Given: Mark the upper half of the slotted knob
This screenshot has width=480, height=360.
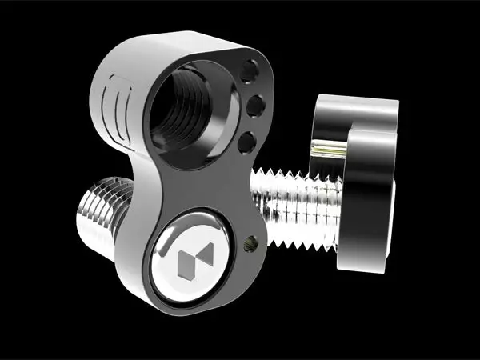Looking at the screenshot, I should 357,113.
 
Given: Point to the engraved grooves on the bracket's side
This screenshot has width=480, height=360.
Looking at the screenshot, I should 117,104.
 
